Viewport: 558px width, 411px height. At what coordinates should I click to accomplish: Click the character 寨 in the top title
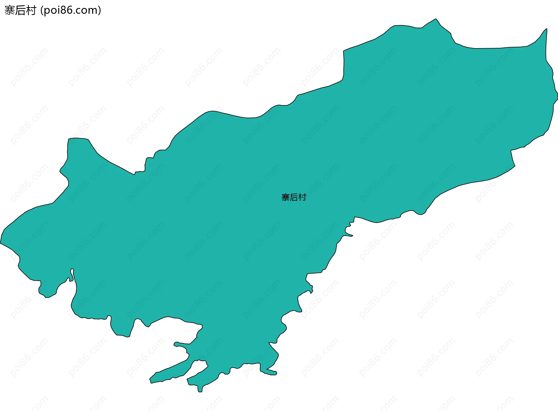[10, 10]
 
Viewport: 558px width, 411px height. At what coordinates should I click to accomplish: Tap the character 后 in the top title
[20, 10]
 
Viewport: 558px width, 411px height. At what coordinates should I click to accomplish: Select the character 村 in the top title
[31, 10]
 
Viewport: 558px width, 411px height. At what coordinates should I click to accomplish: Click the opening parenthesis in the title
[42, 10]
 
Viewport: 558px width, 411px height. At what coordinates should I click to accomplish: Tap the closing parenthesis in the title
[100, 10]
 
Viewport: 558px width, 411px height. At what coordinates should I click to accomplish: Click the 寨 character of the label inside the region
[285, 197]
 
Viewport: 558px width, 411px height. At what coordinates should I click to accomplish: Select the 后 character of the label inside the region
[294, 197]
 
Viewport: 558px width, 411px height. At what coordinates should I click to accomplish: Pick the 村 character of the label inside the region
[302, 197]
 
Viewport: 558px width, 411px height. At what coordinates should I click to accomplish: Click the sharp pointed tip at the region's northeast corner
[546, 29]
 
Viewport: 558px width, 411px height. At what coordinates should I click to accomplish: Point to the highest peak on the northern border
[436, 19]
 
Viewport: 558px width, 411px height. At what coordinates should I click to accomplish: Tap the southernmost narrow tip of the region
[200, 392]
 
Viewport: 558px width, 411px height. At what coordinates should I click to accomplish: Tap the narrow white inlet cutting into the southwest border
[71, 273]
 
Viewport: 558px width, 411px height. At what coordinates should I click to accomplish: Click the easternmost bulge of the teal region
[557, 94]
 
